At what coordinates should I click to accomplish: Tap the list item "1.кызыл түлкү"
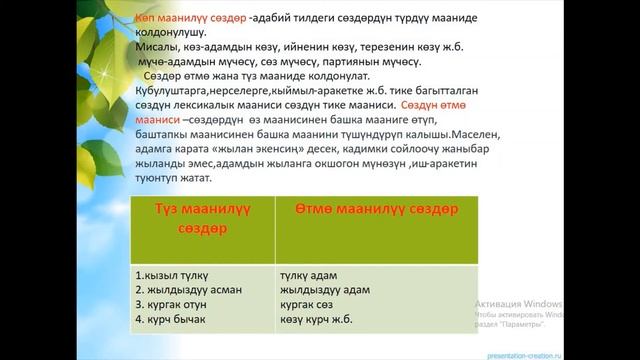[172, 271]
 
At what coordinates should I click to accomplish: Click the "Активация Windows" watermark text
[518, 302]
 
